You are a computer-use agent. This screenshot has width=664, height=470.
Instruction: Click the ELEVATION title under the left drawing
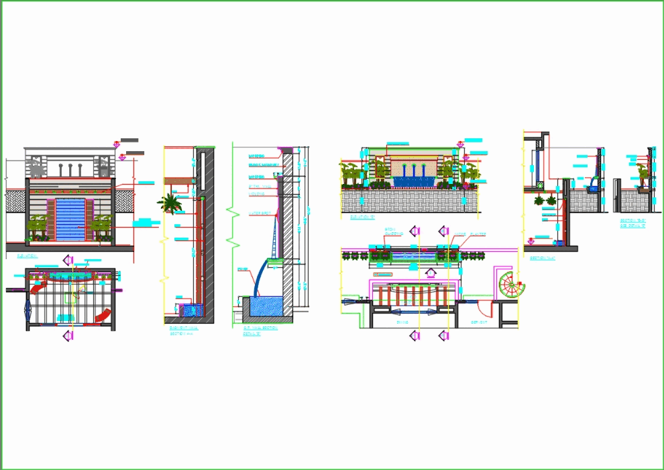click(x=27, y=256)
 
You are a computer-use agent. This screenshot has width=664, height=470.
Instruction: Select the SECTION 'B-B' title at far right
click(x=632, y=222)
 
